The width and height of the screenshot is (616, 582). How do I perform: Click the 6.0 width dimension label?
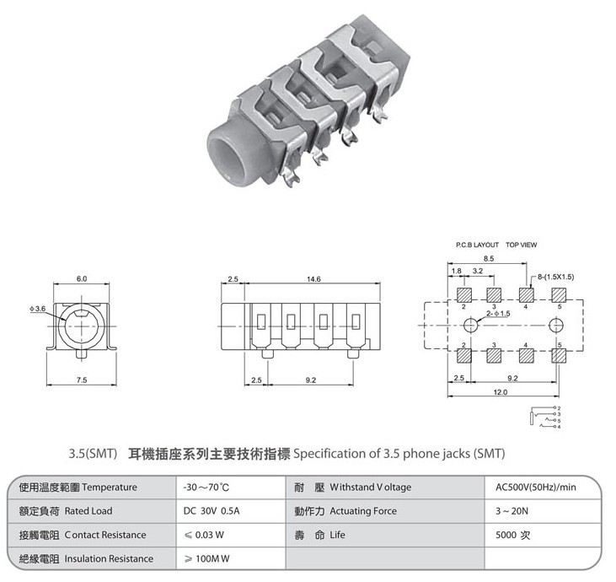point(82,279)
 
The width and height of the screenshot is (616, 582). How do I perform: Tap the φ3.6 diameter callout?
point(38,309)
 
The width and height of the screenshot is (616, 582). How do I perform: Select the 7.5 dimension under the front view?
point(82,380)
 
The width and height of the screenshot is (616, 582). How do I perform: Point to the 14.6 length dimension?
point(313,279)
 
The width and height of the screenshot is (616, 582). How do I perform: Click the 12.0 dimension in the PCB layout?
point(500,392)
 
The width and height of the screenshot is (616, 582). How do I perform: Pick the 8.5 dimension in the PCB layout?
point(489,259)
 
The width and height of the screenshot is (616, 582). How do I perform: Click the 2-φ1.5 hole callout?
point(498,314)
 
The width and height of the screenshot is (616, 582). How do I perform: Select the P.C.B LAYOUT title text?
point(477,245)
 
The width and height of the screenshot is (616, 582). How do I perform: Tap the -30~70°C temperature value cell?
point(206,488)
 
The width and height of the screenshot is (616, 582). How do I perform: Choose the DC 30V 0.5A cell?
point(212,511)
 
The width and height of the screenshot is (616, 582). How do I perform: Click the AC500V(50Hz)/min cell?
point(536,488)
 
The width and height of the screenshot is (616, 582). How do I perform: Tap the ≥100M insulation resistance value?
point(206,558)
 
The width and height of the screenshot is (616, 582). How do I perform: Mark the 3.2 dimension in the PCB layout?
point(478,271)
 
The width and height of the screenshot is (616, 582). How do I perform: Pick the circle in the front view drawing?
point(59,326)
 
